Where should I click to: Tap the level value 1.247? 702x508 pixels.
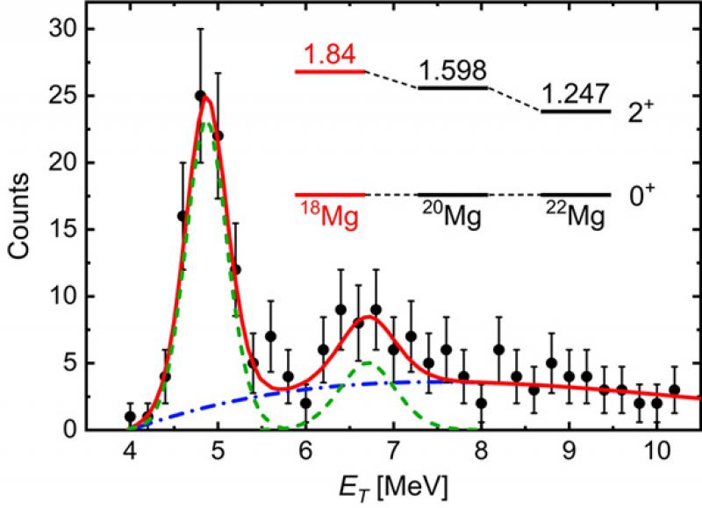(576, 95)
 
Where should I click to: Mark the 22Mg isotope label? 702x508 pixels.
(574, 215)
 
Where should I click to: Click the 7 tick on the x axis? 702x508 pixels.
(393, 454)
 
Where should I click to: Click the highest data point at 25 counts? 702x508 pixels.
(200, 95)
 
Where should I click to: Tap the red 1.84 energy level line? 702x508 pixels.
(329, 71)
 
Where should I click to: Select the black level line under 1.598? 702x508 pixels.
(453, 88)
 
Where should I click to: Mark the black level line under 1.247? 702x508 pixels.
(576, 111)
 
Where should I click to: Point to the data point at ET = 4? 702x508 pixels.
(130, 417)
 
